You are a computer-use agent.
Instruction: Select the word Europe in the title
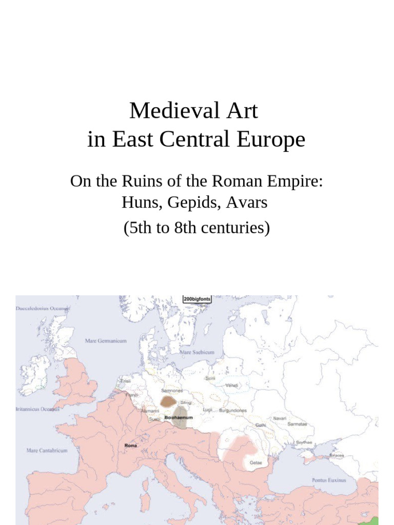tap(275, 139)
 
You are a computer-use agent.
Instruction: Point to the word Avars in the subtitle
tap(251, 202)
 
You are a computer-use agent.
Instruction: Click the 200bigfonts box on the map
tap(197, 299)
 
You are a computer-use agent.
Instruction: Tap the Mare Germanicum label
tap(106, 340)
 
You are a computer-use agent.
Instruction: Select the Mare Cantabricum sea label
tap(47, 451)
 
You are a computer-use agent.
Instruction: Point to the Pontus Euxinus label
tap(329, 480)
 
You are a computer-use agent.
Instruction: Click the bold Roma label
tap(131, 446)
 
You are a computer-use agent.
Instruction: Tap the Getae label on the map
tap(255, 462)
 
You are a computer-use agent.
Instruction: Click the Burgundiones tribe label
tap(233, 411)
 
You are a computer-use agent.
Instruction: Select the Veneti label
tap(232, 385)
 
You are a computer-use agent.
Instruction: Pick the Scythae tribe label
tap(304, 442)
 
